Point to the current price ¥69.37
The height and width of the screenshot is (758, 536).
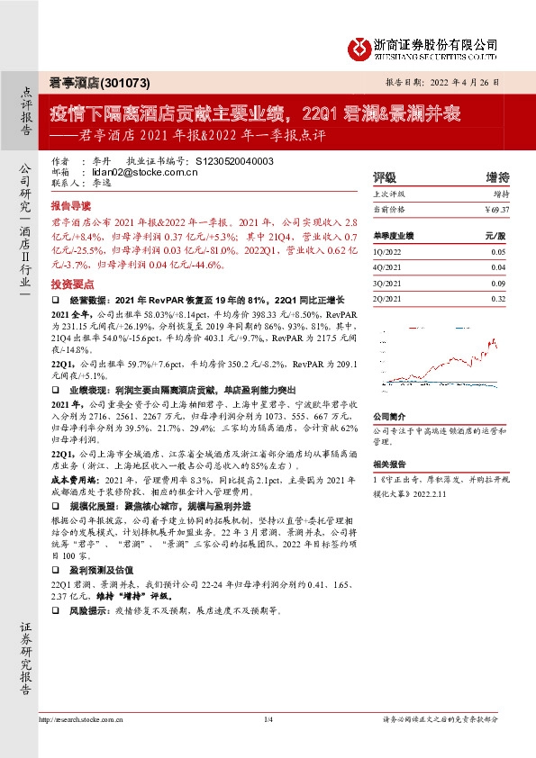point(496,209)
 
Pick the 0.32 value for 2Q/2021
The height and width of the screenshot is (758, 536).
point(499,297)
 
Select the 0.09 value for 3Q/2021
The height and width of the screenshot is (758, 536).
point(499,283)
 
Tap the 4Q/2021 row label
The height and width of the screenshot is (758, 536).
point(386,268)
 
